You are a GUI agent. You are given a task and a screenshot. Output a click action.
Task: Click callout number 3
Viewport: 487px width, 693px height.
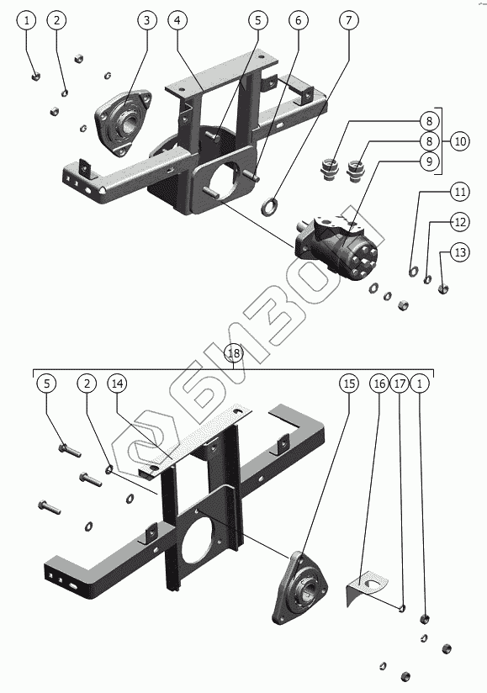[x=146, y=20]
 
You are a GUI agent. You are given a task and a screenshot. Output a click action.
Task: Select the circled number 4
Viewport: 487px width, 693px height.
[x=177, y=20]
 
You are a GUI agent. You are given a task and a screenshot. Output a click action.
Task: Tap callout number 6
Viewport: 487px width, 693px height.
[x=299, y=20]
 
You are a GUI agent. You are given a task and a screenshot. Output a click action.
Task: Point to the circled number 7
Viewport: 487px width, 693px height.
[x=349, y=20]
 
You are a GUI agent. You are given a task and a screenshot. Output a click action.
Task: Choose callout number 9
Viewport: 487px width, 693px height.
[x=429, y=161]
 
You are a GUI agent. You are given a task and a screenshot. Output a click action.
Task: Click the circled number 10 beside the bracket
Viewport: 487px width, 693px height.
[x=460, y=141]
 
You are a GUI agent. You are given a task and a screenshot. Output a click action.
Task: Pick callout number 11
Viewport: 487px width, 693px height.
[x=460, y=192]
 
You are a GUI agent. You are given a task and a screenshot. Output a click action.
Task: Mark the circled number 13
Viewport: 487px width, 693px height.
[x=460, y=252]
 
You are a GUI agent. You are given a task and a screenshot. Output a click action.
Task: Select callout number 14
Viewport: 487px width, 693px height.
[x=117, y=384]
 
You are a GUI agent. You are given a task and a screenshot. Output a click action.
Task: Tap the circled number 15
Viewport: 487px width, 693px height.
[x=349, y=384]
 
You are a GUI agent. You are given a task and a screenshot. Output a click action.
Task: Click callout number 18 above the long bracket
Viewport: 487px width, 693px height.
[x=234, y=353]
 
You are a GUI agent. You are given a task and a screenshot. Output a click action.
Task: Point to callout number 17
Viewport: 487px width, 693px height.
[x=400, y=384]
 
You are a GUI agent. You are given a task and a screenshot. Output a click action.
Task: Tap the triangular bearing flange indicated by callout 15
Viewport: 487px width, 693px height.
[x=300, y=588]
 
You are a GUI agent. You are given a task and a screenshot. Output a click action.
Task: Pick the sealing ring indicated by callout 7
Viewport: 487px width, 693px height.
[x=269, y=206]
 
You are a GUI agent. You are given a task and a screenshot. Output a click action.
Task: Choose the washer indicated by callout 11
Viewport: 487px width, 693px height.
[x=413, y=271]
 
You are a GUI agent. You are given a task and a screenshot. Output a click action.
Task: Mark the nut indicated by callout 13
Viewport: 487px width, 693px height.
[x=443, y=289]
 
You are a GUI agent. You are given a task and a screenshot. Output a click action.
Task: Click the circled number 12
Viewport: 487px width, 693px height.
[x=460, y=222]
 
